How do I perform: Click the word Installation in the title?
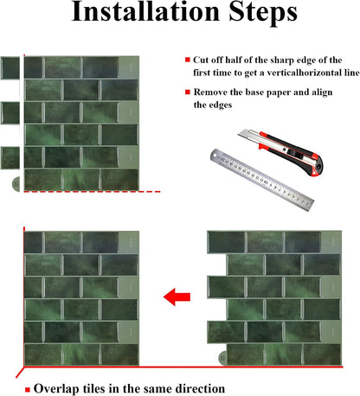[145, 11]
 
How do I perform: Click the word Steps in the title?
[263, 13]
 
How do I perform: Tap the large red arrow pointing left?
[177, 297]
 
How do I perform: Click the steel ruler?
[262, 180]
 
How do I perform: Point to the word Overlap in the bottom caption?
[56, 389]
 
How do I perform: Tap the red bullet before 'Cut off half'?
[188, 60]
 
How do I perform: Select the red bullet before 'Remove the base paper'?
[188, 92]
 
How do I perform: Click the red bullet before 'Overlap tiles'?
[28, 390]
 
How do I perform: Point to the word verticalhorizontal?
[304, 73]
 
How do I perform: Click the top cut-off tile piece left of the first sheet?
[10, 68]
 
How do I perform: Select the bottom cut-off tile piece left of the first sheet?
[10, 158]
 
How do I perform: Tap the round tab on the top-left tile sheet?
[16, 184]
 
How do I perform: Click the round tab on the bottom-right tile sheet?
[222, 358]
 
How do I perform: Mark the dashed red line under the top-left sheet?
[92, 192]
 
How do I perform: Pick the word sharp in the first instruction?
[282, 61]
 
